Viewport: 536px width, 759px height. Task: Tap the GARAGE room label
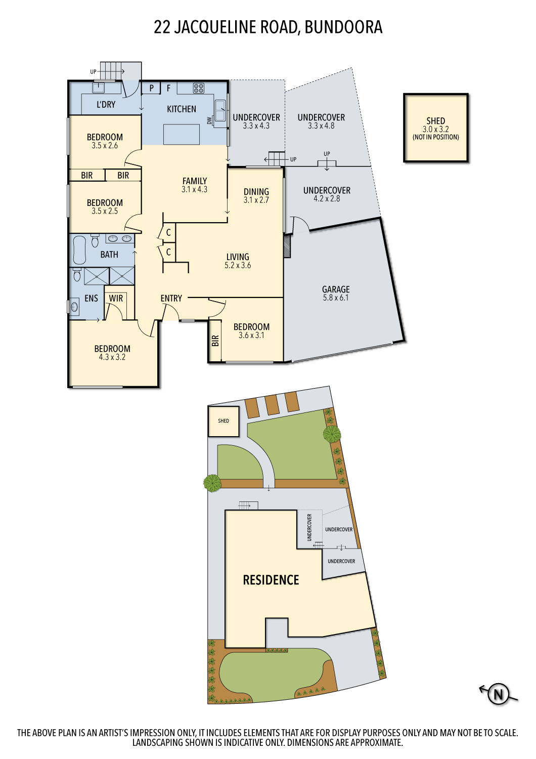tap(336, 289)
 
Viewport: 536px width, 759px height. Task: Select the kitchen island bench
tap(182, 134)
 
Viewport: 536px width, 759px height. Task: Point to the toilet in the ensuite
tap(77, 275)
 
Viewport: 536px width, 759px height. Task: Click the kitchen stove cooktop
tap(198, 88)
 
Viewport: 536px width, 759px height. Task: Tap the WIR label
tap(116, 298)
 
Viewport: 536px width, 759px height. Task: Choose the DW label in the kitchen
tap(209, 120)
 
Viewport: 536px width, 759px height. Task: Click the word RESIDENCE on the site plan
tap(271, 580)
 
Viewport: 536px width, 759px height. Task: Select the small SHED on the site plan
tap(223, 421)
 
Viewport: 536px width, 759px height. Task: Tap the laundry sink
tap(99, 88)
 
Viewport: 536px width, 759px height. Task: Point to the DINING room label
tap(256, 191)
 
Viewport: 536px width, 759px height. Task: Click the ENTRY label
tap(171, 298)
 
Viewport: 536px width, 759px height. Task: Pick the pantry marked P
tap(151, 88)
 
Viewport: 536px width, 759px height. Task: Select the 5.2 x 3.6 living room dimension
tap(238, 265)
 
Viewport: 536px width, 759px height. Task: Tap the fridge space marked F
tap(168, 88)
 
